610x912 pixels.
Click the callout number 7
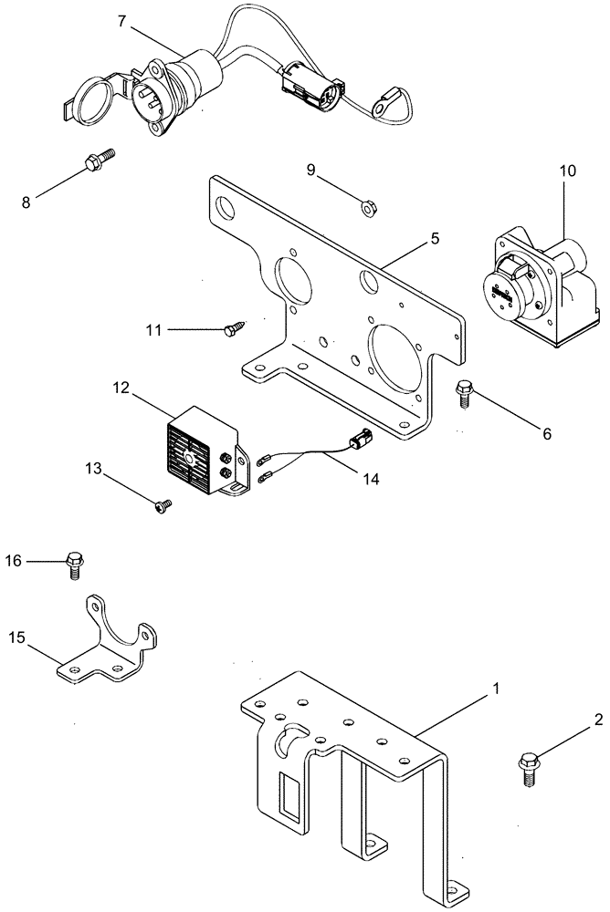click(x=121, y=21)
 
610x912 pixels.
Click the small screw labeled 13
click(x=165, y=503)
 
